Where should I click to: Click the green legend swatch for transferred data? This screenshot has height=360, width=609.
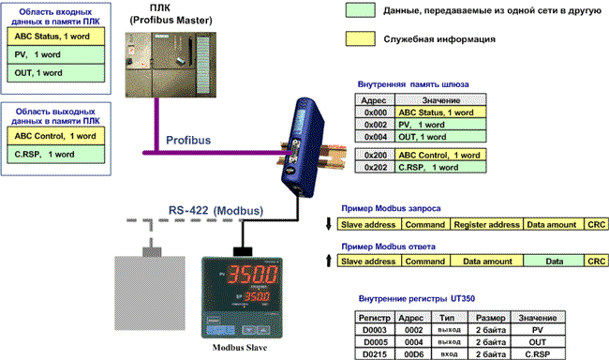coord(361,10)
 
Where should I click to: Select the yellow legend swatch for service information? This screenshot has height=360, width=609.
coord(361,38)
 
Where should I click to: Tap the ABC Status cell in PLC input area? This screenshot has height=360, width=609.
coord(56,37)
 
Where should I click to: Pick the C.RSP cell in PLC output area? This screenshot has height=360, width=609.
coord(56,155)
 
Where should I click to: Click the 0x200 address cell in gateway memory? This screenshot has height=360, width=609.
coord(375,155)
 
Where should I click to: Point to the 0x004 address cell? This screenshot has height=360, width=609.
coord(375,137)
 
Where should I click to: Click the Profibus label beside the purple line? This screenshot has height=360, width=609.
coord(188,140)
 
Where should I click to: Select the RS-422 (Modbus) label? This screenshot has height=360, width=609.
coord(215,211)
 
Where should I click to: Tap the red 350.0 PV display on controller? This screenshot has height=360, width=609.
coord(252,274)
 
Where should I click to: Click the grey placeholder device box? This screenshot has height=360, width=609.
coord(150,293)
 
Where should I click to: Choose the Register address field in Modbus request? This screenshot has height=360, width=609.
coord(486,225)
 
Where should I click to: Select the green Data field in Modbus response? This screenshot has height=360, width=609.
coord(554,262)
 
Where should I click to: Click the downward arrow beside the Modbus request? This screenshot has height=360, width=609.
coord(329,223)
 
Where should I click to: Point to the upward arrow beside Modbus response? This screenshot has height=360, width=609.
coord(329,260)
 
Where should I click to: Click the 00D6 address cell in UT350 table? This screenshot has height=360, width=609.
coord(413,354)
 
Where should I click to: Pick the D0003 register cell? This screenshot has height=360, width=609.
coord(375,330)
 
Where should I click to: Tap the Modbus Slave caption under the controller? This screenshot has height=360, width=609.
coord(240,348)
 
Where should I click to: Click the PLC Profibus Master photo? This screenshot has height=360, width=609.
coord(171,65)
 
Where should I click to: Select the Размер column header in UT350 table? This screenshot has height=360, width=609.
coord(490,318)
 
